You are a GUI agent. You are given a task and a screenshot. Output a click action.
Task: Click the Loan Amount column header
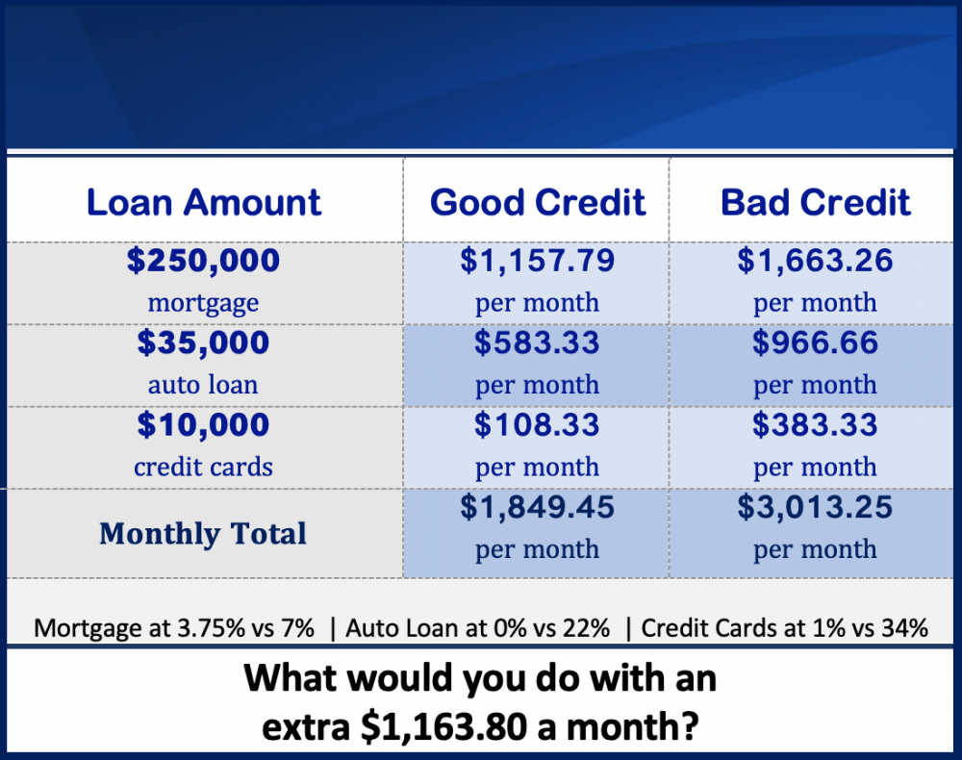(204, 202)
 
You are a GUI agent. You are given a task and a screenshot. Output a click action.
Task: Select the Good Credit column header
(538, 202)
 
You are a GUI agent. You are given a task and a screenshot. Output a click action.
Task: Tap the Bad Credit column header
(816, 202)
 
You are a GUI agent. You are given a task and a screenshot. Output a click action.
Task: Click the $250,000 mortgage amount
(203, 260)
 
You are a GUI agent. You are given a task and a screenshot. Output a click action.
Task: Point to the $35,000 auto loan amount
(203, 342)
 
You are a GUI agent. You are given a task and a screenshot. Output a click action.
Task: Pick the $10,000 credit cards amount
(203, 424)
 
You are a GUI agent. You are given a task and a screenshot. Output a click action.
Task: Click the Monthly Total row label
(203, 534)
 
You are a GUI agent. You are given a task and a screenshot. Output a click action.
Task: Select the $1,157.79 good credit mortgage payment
(538, 260)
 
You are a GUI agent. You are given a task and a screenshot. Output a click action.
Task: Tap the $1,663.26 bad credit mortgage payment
(816, 260)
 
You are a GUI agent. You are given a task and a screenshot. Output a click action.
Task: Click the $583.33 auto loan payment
(537, 342)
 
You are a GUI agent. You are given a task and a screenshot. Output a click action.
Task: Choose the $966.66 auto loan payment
(816, 342)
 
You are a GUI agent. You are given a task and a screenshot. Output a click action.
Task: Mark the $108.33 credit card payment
(537, 424)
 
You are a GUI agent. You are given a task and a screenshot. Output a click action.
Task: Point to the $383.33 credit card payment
(816, 424)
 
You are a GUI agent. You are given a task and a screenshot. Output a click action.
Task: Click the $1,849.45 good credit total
(538, 507)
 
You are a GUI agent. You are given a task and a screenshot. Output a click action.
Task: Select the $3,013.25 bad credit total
(816, 507)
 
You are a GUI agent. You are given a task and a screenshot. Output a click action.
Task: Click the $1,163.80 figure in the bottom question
(444, 727)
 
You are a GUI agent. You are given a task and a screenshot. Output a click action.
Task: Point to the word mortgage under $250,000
(203, 303)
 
